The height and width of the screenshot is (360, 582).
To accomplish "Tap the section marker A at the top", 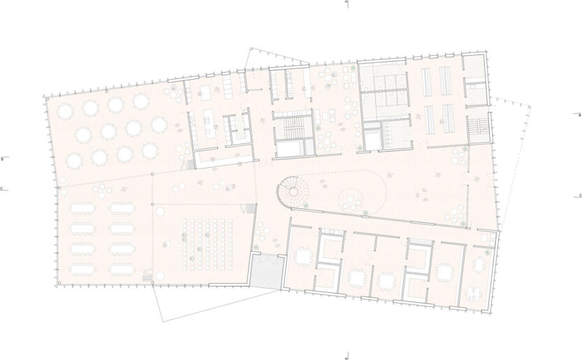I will (x=347, y=3).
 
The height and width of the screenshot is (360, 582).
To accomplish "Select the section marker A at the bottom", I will (x=347, y=357).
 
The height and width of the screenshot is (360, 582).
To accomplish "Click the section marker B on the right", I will (x=579, y=114).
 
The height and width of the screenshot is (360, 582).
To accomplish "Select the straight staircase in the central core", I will (x=289, y=127).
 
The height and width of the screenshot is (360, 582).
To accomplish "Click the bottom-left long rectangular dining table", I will (x=82, y=268).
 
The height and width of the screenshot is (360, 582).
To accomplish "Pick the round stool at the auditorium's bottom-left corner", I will (x=160, y=278).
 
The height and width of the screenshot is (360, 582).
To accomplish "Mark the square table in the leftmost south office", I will (x=303, y=257).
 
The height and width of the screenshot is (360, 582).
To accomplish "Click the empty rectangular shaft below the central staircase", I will (x=289, y=148).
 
